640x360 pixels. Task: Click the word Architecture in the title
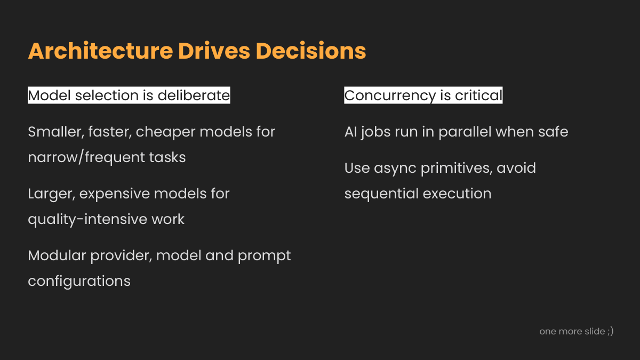pyautogui.click(x=101, y=51)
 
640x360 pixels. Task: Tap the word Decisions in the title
pyautogui.click(x=311, y=51)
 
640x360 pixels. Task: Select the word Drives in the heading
pyautogui.click(x=214, y=51)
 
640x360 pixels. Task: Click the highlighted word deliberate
pyautogui.click(x=194, y=95)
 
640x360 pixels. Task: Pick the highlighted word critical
pyautogui.click(x=478, y=95)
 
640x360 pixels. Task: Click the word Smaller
pyautogui.click(x=56, y=132)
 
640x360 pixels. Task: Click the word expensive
pyautogui.click(x=114, y=194)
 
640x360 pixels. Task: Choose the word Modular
pyautogui.click(x=57, y=255)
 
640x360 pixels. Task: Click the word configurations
pyautogui.click(x=79, y=282)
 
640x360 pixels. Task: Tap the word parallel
pyautogui.click(x=465, y=133)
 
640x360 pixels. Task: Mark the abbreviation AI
pyautogui.click(x=350, y=132)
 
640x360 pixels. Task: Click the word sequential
pyautogui.click(x=381, y=194)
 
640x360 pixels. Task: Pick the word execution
pyautogui.click(x=457, y=194)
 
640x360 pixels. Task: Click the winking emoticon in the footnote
pyautogui.click(x=610, y=331)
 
